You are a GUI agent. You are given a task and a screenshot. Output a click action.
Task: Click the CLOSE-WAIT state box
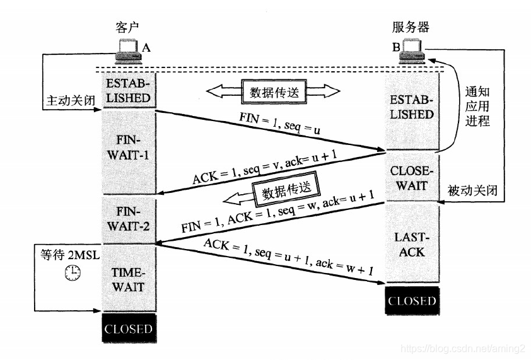click(x=412, y=178)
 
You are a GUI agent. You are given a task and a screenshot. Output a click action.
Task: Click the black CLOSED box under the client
click(x=128, y=329)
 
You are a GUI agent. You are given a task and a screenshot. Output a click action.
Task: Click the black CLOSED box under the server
click(x=412, y=301)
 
